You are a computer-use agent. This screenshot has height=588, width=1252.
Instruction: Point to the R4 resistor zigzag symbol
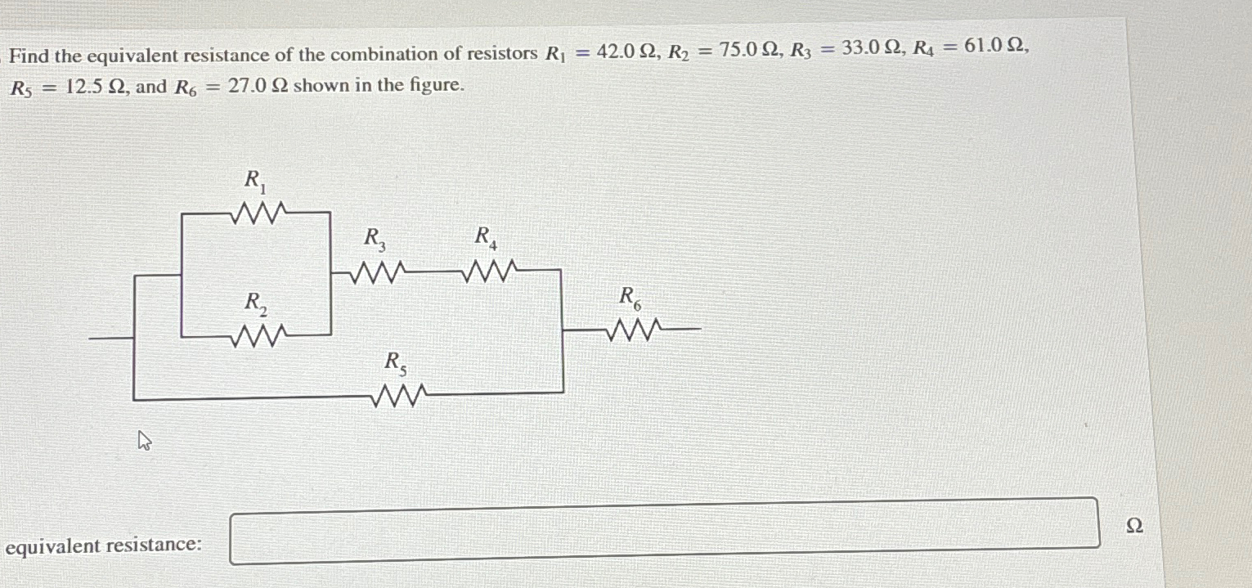[488, 269]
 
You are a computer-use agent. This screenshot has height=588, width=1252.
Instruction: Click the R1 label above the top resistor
[255, 179]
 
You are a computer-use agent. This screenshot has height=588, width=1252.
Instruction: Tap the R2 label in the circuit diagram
[255, 303]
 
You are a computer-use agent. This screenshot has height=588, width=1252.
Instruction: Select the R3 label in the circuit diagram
[375, 238]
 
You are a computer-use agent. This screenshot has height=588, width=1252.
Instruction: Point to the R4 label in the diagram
[485, 237]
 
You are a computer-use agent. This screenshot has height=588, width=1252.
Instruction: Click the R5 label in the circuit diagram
[396, 361]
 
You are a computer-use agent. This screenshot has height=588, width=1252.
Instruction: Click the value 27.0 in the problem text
[246, 86]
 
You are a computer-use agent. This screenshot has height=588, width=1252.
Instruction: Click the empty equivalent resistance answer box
[664, 531]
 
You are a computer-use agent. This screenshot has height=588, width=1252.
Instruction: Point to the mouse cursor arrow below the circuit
[144, 442]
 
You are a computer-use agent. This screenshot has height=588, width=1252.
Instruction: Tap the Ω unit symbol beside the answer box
[1134, 526]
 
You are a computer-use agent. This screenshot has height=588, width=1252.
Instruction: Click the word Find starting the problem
[29, 56]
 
